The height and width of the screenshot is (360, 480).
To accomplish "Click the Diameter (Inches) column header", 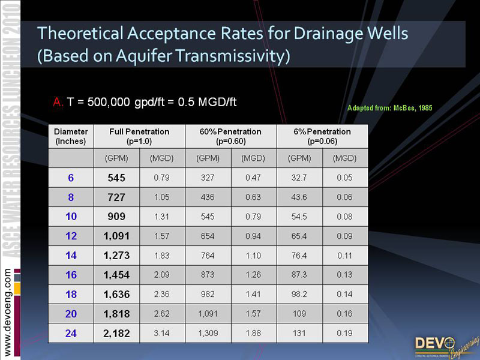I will coord(71,136).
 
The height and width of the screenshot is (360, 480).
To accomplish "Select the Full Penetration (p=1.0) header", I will coord(139,136).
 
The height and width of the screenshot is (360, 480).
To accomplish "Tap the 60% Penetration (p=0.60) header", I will coord(230,136).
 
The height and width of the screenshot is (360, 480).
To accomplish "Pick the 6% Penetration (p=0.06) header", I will coord(322,136).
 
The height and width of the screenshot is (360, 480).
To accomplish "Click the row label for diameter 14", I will coord(71,256).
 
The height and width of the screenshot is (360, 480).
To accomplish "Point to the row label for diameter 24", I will coord(71,334).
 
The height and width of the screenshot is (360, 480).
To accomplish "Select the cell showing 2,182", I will coord(116,334).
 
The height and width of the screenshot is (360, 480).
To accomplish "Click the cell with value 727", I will coord(116,197).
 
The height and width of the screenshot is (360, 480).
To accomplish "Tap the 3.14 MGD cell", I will coord(161,334).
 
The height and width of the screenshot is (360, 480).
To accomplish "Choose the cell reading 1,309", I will coord(208,334).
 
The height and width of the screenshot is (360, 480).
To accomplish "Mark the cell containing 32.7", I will coord(299,178).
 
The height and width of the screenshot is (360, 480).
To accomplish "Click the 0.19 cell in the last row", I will coord(345,334).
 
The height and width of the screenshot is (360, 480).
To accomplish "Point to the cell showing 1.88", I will coord(253,334).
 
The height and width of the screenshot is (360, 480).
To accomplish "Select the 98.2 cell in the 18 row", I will coord(299,295).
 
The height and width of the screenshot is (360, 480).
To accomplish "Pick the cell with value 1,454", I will coord(116,275).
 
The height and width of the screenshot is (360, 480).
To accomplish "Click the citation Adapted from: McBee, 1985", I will coord(390,108).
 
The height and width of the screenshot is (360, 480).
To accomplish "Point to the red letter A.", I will coord(58,102).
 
